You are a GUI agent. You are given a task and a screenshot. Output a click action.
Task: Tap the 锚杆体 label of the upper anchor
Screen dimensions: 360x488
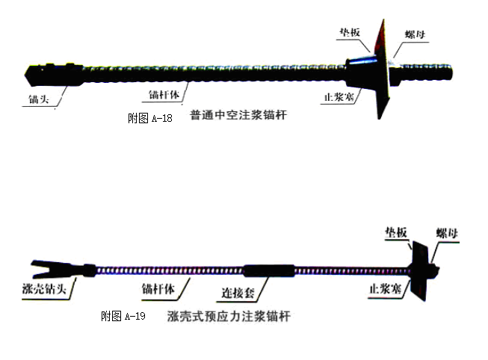(162, 96)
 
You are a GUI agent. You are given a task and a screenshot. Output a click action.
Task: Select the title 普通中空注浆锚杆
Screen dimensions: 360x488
(239, 117)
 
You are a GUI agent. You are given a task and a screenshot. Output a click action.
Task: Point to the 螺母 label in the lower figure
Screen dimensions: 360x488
(448, 234)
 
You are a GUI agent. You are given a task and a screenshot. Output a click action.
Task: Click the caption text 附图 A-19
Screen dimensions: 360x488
(123, 317)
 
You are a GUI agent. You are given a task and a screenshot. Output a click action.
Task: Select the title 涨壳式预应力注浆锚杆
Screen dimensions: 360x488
(229, 317)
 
